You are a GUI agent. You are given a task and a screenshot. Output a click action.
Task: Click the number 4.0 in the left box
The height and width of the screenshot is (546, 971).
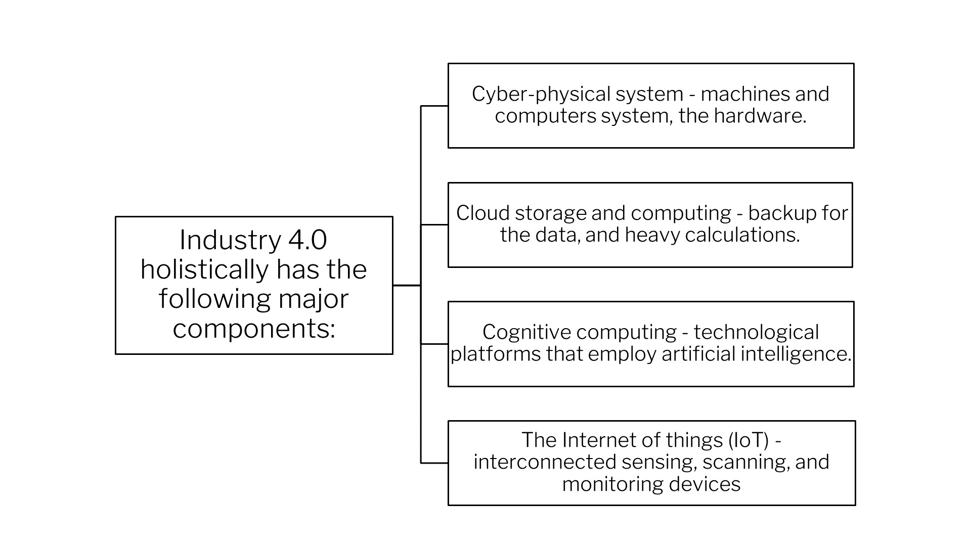click(x=307, y=240)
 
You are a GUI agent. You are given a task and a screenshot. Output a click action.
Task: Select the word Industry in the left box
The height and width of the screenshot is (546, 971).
click(x=230, y=241)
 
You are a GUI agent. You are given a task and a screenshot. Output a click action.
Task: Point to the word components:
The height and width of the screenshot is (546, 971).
click(x=254, y=329)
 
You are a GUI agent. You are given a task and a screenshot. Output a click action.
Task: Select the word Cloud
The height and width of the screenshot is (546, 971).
click(x=482, y=213)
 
